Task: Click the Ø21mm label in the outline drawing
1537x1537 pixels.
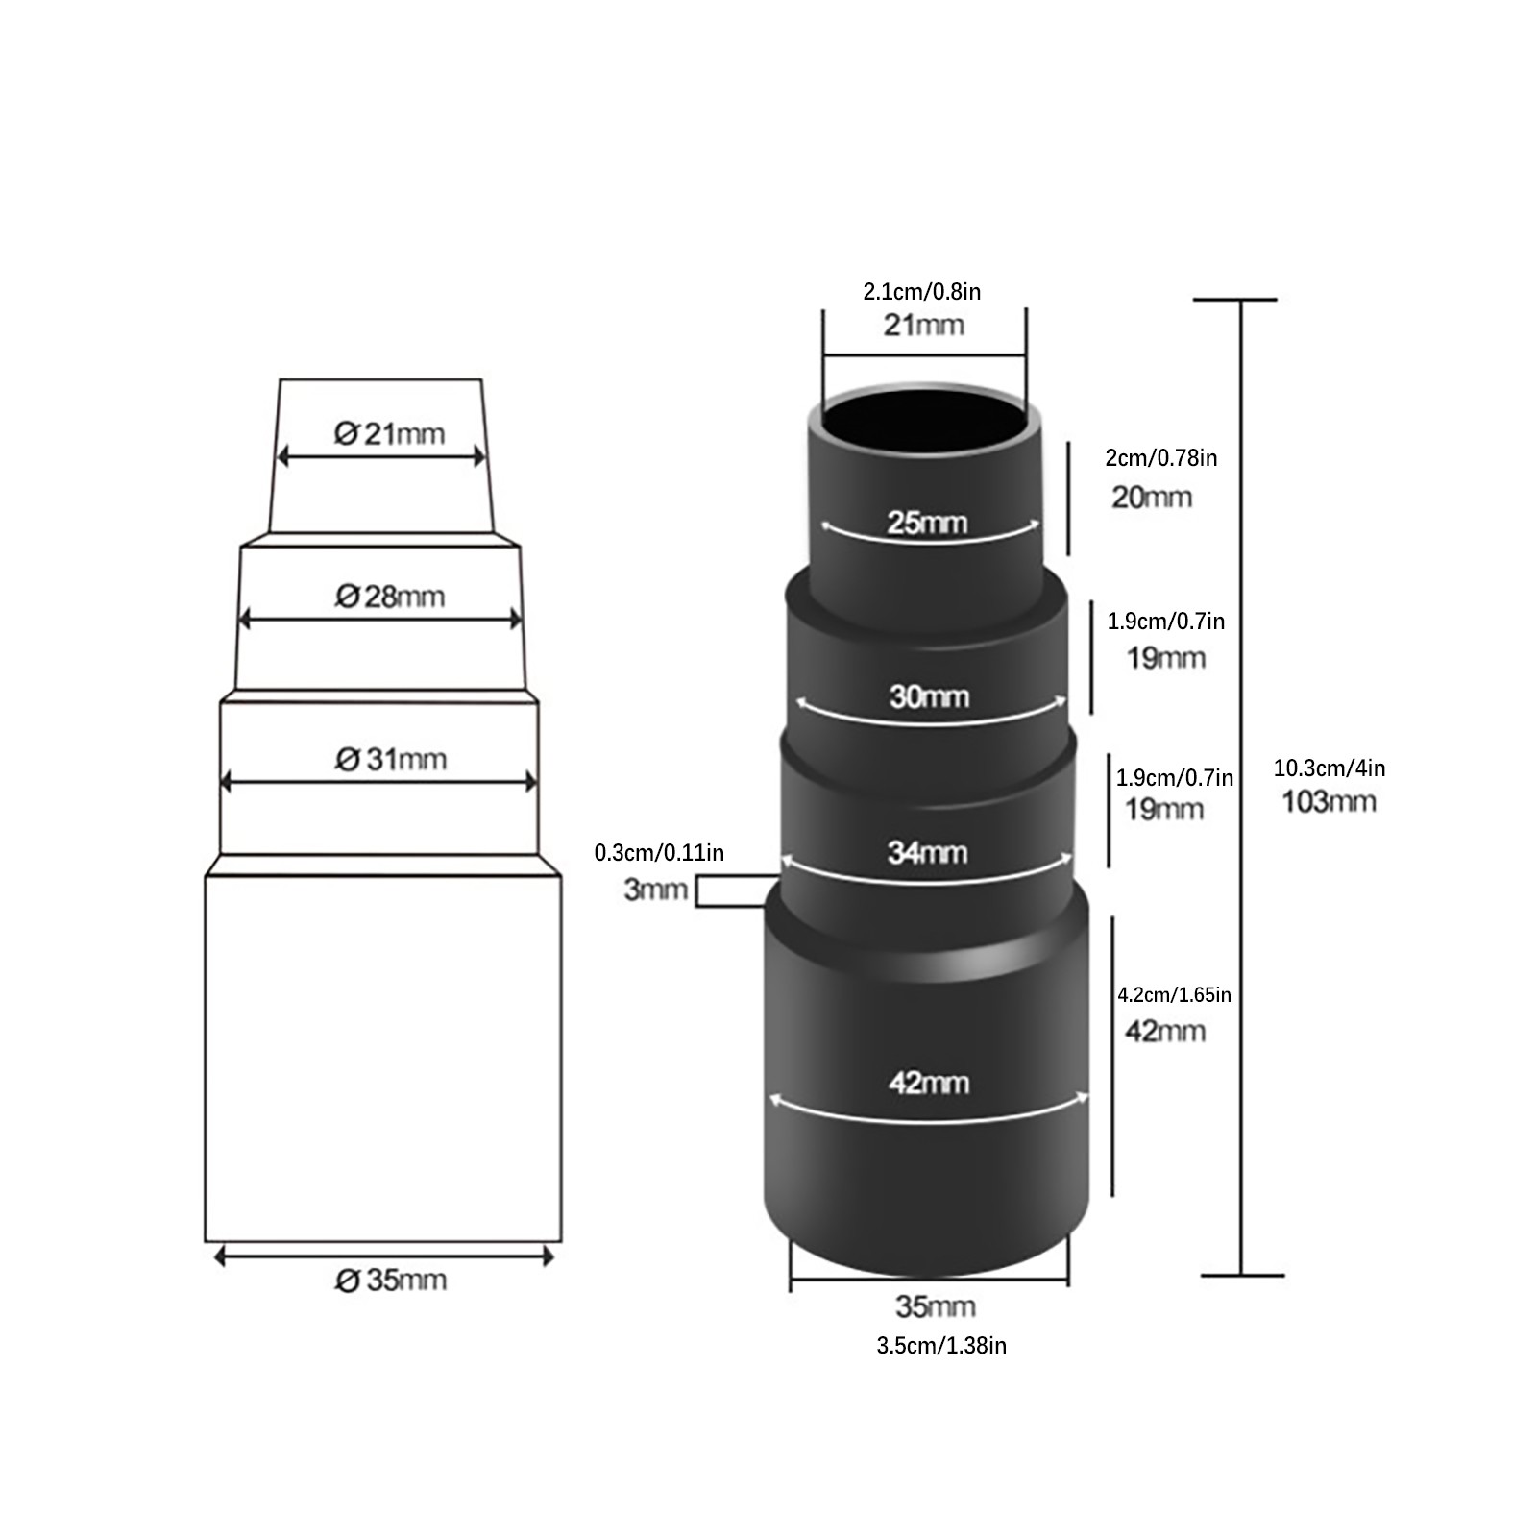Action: pos(390,434)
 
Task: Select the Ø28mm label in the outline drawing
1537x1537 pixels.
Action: pos(390,597)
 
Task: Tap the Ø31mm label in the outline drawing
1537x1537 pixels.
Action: pos(391,759)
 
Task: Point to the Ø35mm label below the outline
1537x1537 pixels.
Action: pos(391,1280)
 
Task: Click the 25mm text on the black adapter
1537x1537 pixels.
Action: pos(927,523)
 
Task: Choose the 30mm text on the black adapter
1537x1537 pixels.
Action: pos(929,695)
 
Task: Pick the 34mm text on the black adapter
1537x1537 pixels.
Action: pos(927,852)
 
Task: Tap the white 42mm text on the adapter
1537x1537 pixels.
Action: pos(929,1083)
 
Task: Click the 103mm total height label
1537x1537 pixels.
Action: pos(1329,801)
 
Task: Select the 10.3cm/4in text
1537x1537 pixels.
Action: pos(1330,768)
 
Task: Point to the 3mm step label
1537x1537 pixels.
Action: pos(656,890)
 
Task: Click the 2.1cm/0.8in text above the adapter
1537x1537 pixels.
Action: pos(922,291)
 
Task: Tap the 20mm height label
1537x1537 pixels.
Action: pos(1152,497)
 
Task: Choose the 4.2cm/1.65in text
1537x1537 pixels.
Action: pos(1174,994)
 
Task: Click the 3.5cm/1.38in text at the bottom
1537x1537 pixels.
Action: pos(941,1345)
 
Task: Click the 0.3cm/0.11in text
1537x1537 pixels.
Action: pos(659,852)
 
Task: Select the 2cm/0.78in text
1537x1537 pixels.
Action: pos(1161,457)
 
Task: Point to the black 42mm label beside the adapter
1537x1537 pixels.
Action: pos(1165,1031)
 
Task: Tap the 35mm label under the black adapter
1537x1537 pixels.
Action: pos(936,1306)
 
